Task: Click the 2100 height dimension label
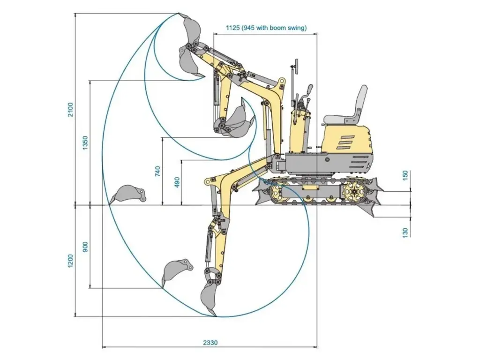pos(70,109)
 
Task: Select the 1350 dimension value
pos(85,142)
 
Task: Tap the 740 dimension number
pos(157,171)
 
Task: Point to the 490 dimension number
pos(177,182)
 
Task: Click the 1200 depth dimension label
pos(70,261)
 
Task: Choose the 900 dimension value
pos(85,247)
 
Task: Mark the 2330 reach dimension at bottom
pos(210,342)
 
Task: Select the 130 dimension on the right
pos(406,231)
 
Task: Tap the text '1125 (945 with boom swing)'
pos(266,28)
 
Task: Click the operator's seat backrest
pos(361,100)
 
